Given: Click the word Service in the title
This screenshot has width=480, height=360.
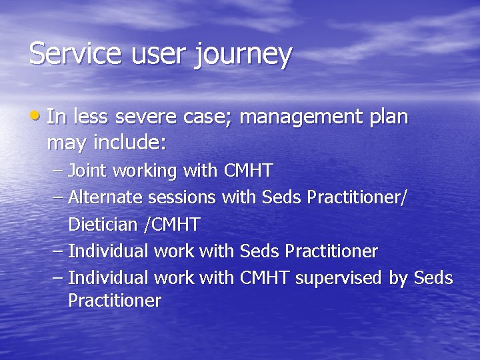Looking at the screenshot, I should (71, 53).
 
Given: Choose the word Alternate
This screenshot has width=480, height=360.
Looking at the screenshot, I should (106, 197).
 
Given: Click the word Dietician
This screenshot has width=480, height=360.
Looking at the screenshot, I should (104, 225).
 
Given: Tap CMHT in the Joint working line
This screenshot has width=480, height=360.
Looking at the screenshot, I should (248, 171).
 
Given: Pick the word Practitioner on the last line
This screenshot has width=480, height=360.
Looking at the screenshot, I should (115, 301).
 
